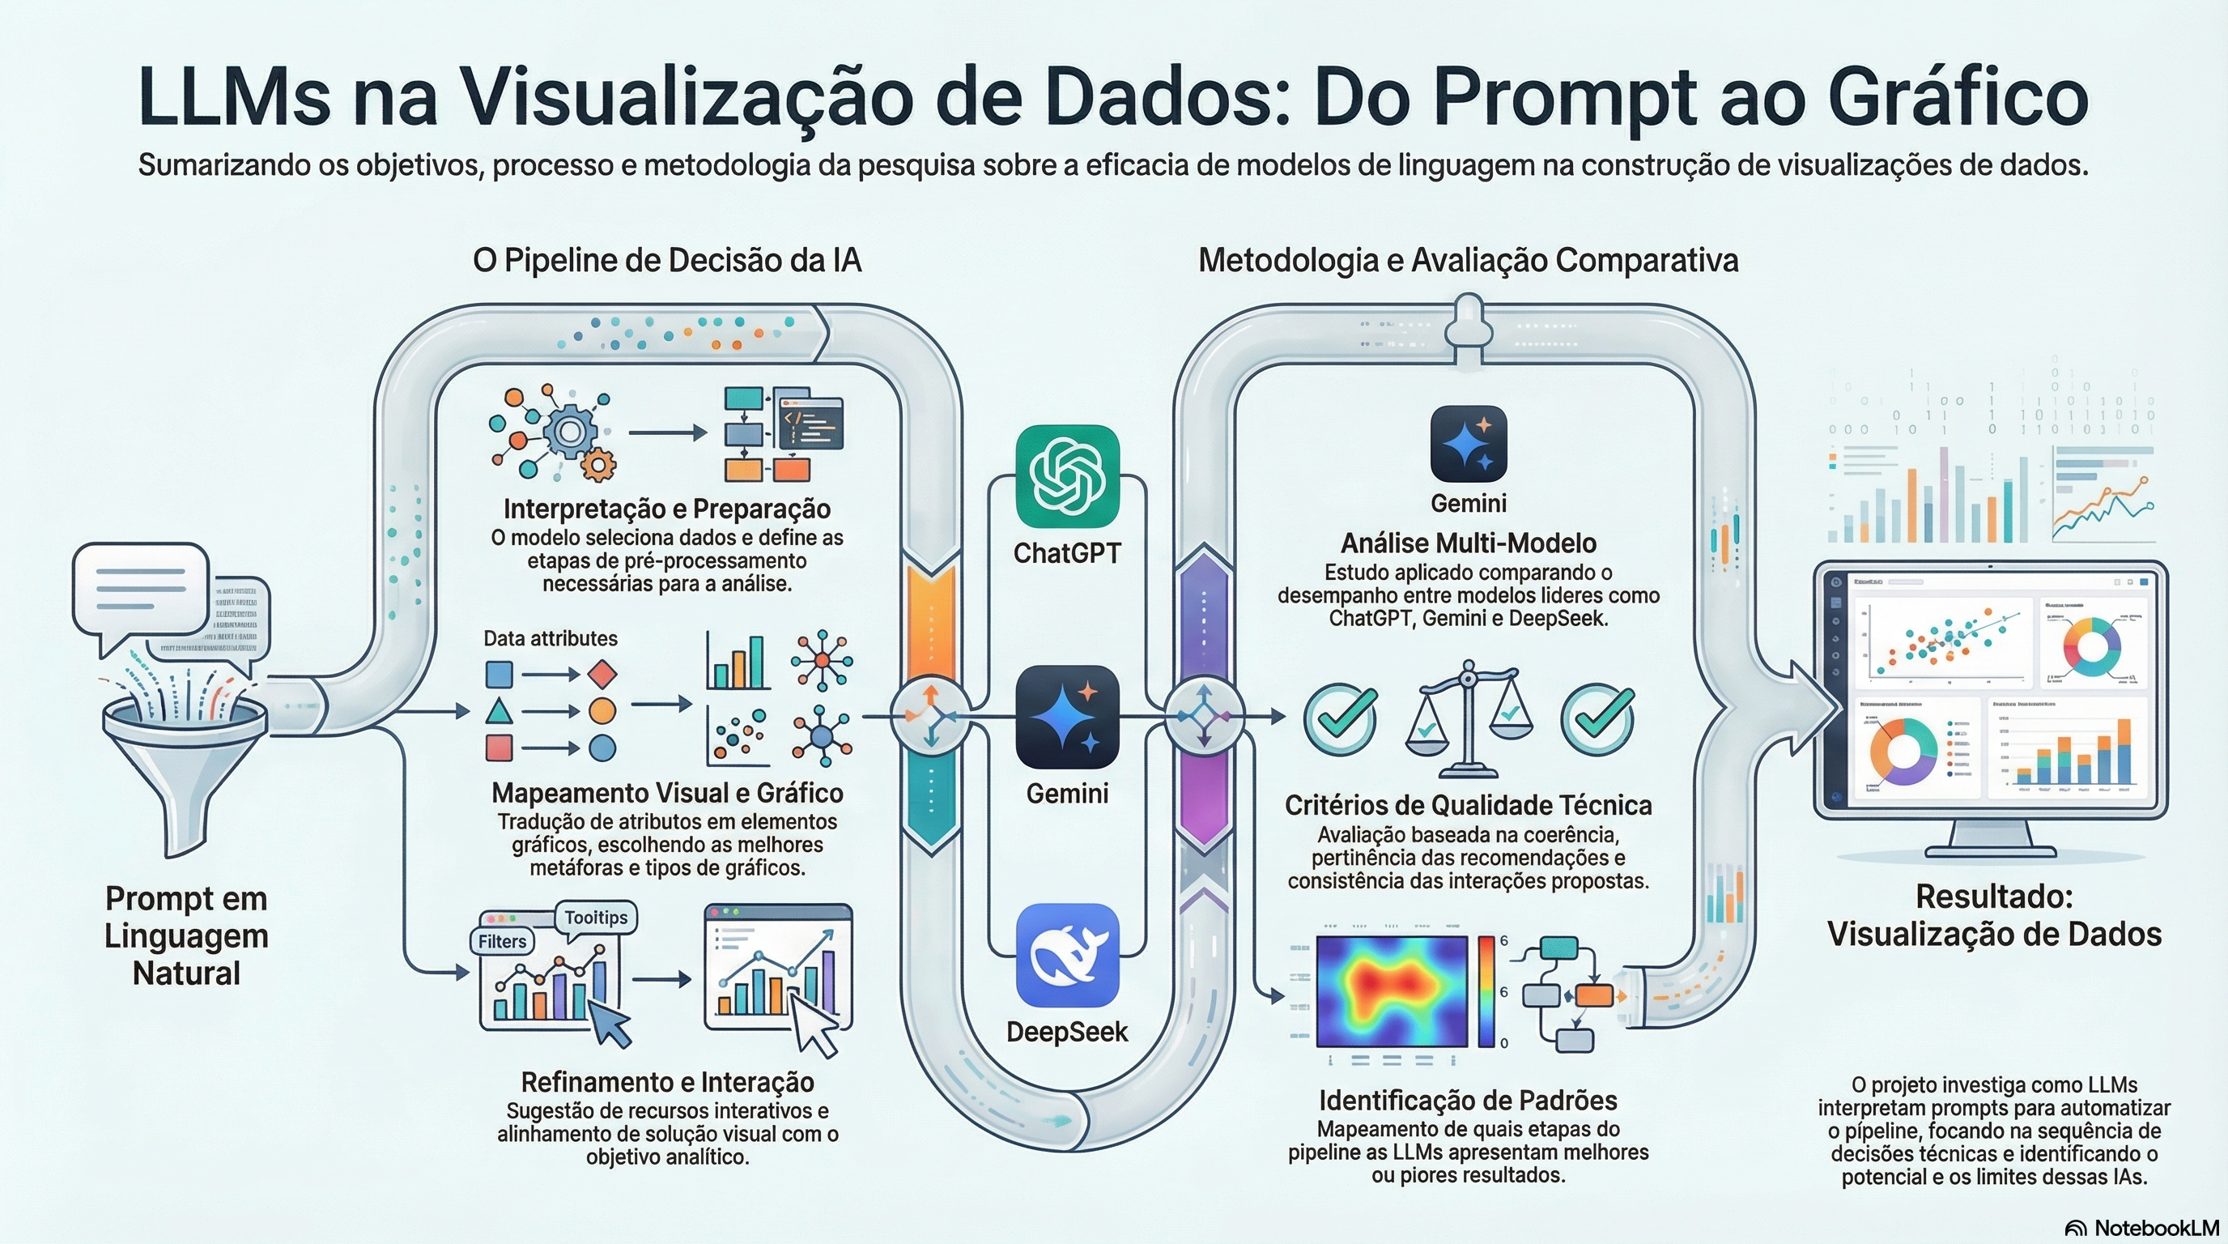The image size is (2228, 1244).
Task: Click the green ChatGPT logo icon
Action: pyautogui.click(x=1066, y=477)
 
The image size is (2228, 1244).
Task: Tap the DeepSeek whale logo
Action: pyautogui.click(x=1066, y=955)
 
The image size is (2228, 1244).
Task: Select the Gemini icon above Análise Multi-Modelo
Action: pyautogui.click(x=1468, y=444)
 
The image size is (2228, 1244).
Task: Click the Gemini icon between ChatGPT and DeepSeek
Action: pyautogui.click(x=1066, y=717)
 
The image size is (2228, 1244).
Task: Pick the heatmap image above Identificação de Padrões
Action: pyautogui.click(x=1392, y=991)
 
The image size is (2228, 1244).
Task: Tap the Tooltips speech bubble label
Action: pyautogui.click(x=596, y=918)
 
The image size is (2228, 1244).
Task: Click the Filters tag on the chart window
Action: pyautogui.click(x=503, y=941)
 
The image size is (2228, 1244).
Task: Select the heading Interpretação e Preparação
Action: pyautogui.click(x=667, y=509)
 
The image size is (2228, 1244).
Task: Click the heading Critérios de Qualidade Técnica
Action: pyautogui.click(x=1468, y=805)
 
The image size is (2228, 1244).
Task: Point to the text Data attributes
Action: pyautogui.click(x=550, y=638)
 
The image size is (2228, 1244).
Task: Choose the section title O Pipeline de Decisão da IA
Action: pyautogui.click(x=667, y=261)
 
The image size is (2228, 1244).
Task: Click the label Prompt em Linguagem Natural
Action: pyautogui.click(x=186, y=936)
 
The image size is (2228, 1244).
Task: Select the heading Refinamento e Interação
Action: pyautogui.click(x=667, y=1082)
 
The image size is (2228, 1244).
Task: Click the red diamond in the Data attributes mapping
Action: pyautogui.click(x=602, y=674)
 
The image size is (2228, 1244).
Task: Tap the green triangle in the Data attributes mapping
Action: pyautogui.click(x=498, y=711)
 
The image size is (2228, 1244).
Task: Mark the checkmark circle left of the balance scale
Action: pyautogui.click(x=1340, y=718)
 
